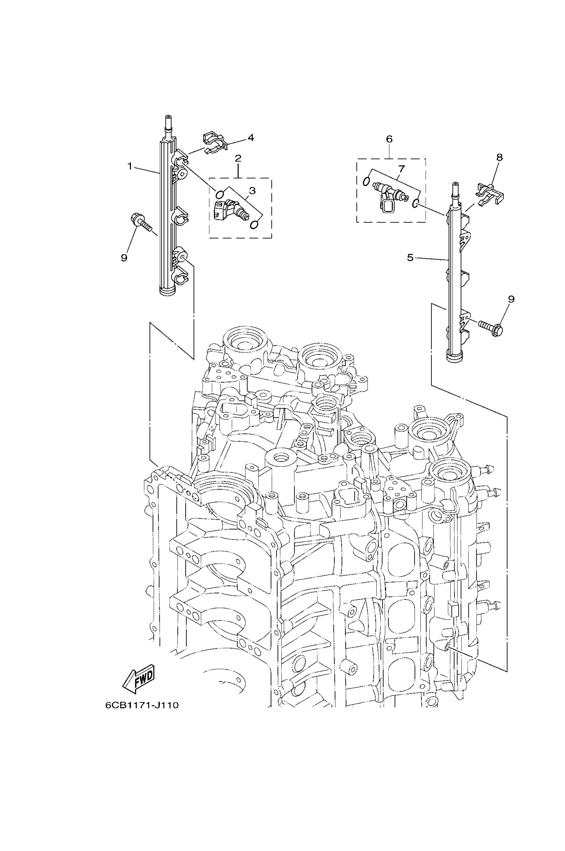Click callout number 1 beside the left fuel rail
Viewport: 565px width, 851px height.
tap(130, 166)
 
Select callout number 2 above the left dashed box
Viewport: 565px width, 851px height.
tap(238, 158)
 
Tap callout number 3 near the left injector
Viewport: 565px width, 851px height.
tap(252, 190)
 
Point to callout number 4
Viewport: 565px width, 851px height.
tap(251, 138)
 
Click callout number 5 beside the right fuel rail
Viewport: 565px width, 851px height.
tap(410, 258)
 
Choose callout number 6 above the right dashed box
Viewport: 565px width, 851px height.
tap(389, 139)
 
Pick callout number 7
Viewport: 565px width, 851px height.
tap(402, 168)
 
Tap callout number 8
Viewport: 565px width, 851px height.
tap(500, 157)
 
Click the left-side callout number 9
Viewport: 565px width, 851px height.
tap(124, 258)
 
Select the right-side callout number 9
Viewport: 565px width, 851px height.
tap(511, 299)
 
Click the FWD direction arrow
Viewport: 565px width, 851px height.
tap(139, 681)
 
